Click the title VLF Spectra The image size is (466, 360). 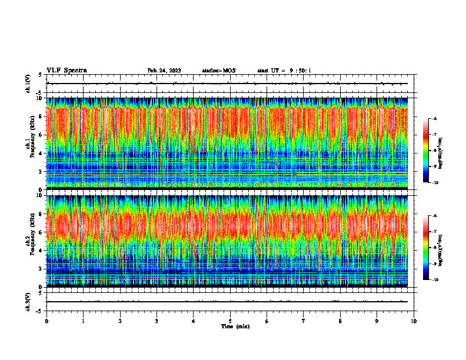pos(66,71)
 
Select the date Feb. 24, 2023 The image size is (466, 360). pos(164,71)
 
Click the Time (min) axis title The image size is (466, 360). pos(235,326)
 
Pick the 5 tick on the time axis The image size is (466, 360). pos(230,321)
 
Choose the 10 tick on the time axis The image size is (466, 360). pos(414,321)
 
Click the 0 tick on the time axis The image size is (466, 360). pos(46,321)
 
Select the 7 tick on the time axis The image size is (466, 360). pos(304,321)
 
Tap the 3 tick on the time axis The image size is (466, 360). pos(157,321)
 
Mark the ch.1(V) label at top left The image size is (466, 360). pos(28,84)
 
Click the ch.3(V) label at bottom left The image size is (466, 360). pos(28,301)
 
